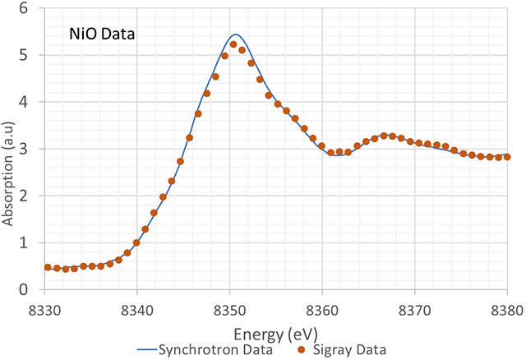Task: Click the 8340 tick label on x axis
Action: [137, 308]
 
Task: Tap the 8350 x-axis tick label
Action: [230, 308]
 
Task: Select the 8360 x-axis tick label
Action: [322, 308]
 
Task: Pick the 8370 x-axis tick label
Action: [415, 308]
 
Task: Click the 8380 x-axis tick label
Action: [506, 308]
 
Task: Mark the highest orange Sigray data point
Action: [233, 44]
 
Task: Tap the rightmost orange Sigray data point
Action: [507, 156]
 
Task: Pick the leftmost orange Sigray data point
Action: [48, 267]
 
